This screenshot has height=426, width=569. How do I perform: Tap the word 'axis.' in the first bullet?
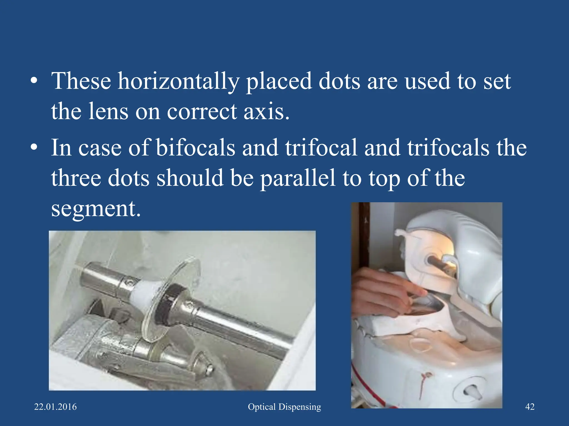[x=266, y=111]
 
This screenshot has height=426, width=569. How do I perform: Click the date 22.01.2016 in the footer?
[x=55, y=407]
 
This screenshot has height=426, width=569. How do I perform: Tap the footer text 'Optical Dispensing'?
[x=284, y=407]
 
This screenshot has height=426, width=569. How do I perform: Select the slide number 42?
[x=530, y=407]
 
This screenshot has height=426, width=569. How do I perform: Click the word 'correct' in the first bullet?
[x=202, y=111]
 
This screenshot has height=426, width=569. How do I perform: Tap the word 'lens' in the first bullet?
[x=108, y=111]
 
